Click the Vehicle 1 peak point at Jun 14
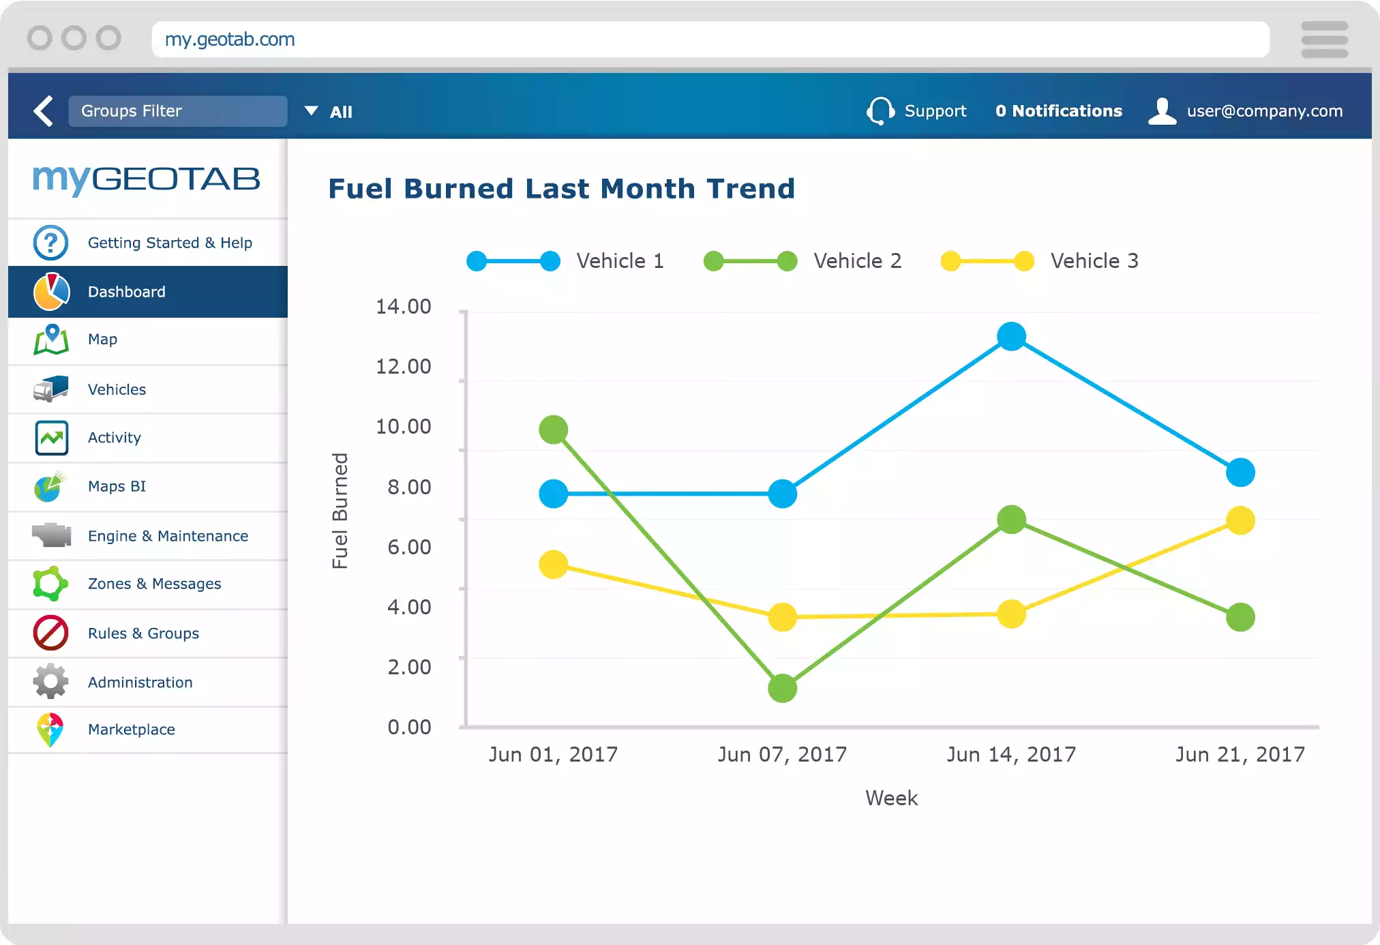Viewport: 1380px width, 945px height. pos(1011,336)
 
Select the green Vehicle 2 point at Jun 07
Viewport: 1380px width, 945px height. pos(782,688)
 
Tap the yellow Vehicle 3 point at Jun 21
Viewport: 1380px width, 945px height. pos(1240,521)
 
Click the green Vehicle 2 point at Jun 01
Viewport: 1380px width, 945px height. pos(553,430)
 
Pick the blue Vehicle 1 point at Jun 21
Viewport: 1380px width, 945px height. pos(1240,472)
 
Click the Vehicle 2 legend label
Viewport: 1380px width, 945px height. pos(857,261)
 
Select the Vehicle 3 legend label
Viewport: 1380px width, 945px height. pos(1094,261)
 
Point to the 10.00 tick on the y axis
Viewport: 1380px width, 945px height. pos(404,427)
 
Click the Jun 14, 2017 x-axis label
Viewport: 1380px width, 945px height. pos(1011,754)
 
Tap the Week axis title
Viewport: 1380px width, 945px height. pos(891,798)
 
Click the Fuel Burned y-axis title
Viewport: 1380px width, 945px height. pos(340,511)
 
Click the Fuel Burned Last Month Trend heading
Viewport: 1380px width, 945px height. pos(561,189)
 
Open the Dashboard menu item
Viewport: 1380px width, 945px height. pos(127,292)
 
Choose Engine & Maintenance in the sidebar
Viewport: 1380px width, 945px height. pos(168,536)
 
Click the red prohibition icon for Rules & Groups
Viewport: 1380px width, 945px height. pos(50,633)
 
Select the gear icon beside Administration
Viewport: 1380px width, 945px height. pos(50,682)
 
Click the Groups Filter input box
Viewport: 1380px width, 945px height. pos(177,111)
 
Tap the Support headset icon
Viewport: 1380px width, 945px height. pos(880,110)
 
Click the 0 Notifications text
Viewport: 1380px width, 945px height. pos(1058,111)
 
